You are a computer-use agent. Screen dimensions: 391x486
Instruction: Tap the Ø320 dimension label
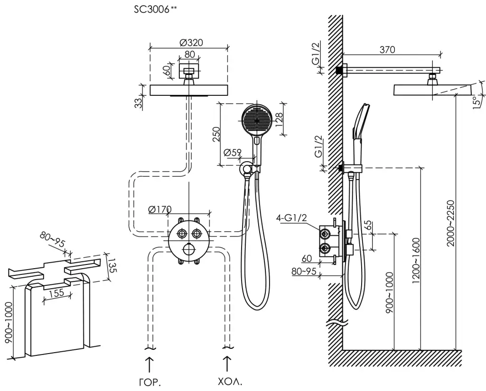[191, 42]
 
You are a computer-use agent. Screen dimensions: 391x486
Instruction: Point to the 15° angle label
[478, 102]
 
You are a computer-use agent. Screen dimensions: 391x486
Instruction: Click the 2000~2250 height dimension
[451, 223]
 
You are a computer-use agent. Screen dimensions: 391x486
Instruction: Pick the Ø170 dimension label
[159, 209]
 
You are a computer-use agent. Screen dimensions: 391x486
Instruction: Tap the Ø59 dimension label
[233, 153]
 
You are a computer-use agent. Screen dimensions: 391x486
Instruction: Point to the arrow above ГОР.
[149, 364]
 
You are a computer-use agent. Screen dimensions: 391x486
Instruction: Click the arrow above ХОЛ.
[227, 364]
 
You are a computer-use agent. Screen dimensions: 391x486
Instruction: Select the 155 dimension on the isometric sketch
[56, 293]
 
